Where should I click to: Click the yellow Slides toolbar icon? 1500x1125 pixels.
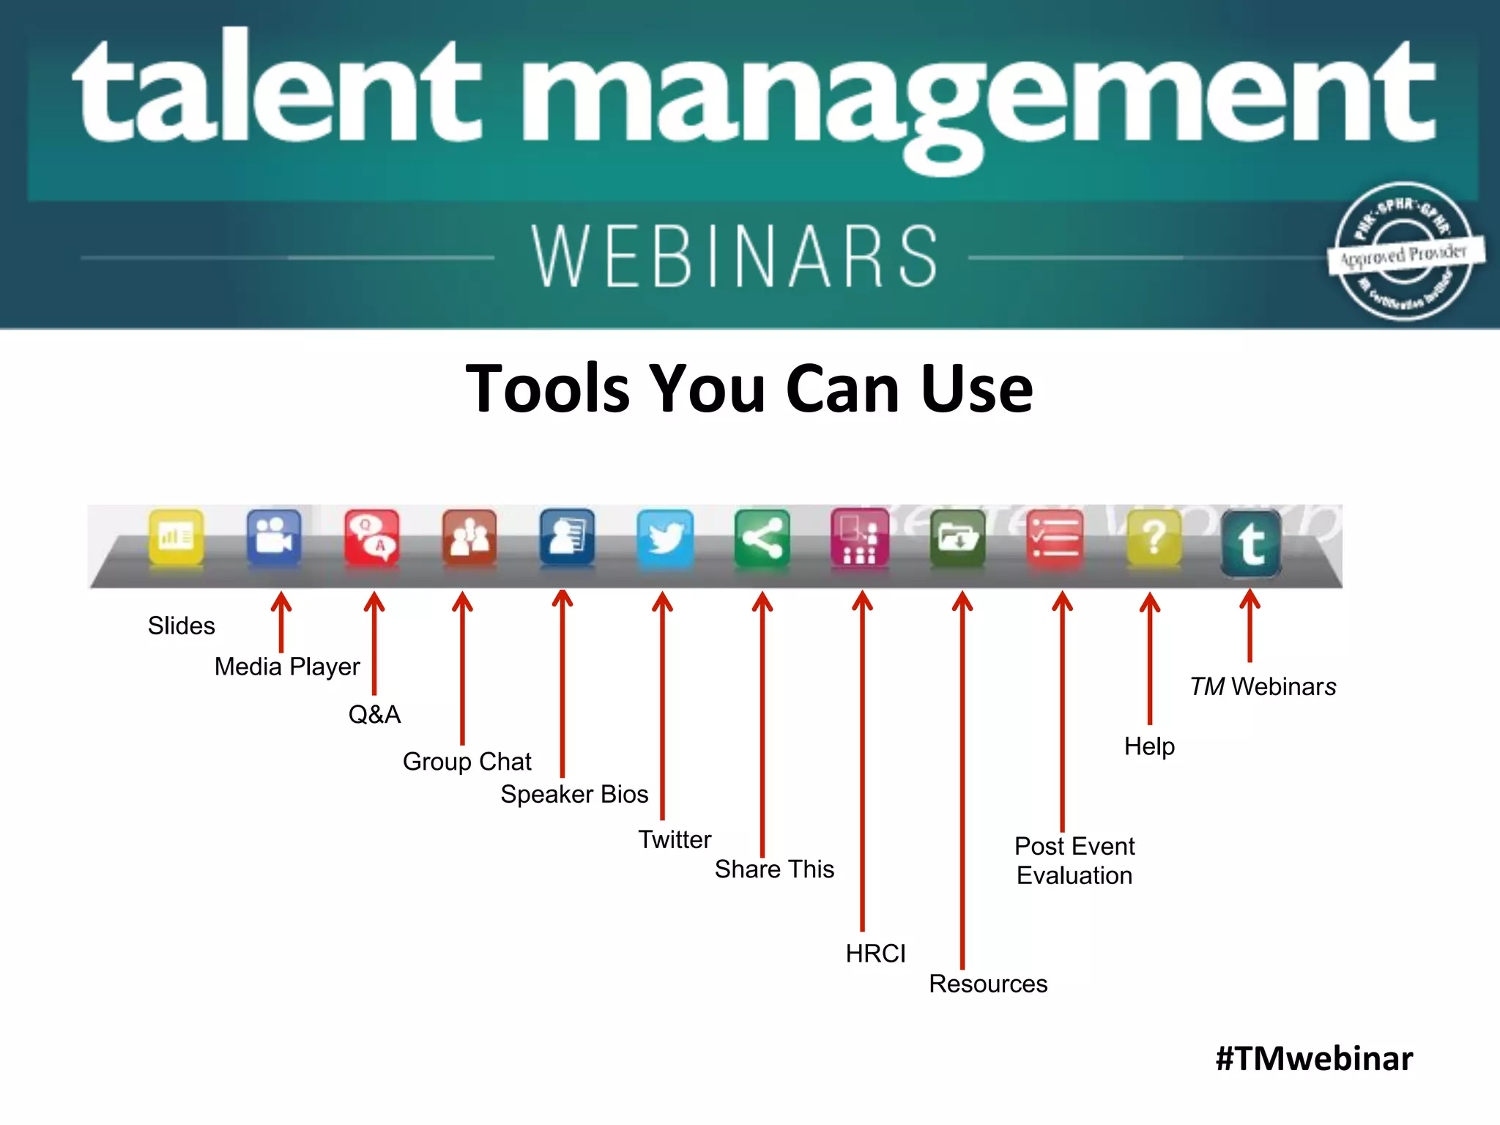click(x=176, y=538)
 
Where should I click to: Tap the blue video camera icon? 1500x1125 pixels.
click(x=274, y=538)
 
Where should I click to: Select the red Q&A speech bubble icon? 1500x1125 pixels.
click(x=372, y=538)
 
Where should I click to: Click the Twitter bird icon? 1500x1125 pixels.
click(x=665, y=539)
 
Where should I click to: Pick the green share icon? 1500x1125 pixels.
click(x=762, y=539)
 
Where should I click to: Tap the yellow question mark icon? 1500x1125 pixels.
click(x=1154, y=539)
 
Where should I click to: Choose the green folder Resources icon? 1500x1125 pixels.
click(x=957, y=539)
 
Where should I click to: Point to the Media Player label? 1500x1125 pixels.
click(x=287, y=667)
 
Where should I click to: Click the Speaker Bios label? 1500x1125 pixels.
click(x=574, y=795)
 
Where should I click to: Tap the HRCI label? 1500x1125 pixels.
click(x=875, y=954)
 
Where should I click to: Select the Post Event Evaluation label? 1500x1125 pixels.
click(x=1074, y=861)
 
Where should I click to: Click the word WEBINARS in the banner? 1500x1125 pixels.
click(x=735, y=256)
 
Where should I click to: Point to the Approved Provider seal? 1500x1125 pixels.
click(x=1403, y=252)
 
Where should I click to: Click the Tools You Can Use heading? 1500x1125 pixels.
click(x=749, y=388)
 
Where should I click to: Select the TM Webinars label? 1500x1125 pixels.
click(x=1263, y=687)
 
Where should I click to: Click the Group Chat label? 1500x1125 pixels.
click(x=467, y=762)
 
